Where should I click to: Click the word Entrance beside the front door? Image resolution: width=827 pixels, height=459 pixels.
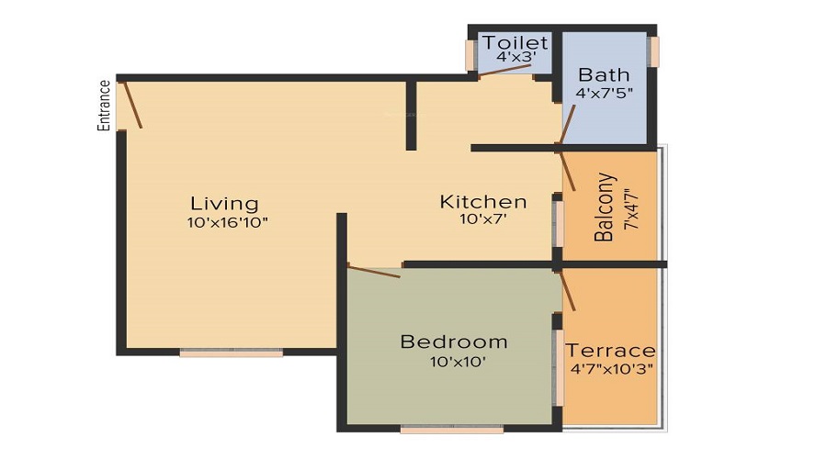105,106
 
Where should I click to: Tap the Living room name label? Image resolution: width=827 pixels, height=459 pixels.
224,203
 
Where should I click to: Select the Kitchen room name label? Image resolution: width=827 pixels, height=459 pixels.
482,202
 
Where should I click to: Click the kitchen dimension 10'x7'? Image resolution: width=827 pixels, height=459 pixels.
482,220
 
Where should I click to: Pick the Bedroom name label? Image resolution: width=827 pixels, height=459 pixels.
454,342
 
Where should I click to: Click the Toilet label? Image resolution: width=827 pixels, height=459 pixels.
515,43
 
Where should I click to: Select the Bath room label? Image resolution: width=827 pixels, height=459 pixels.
604,74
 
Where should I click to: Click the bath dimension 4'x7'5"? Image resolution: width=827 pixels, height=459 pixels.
604,93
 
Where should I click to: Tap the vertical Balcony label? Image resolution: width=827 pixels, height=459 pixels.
604,207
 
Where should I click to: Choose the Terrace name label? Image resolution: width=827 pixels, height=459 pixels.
610,351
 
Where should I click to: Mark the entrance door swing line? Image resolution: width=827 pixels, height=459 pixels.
131,104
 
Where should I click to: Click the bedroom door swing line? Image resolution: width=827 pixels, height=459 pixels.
374,271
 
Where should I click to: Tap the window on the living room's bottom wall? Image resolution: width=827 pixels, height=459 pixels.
232,353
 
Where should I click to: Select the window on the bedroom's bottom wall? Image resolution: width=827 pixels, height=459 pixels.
452,429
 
